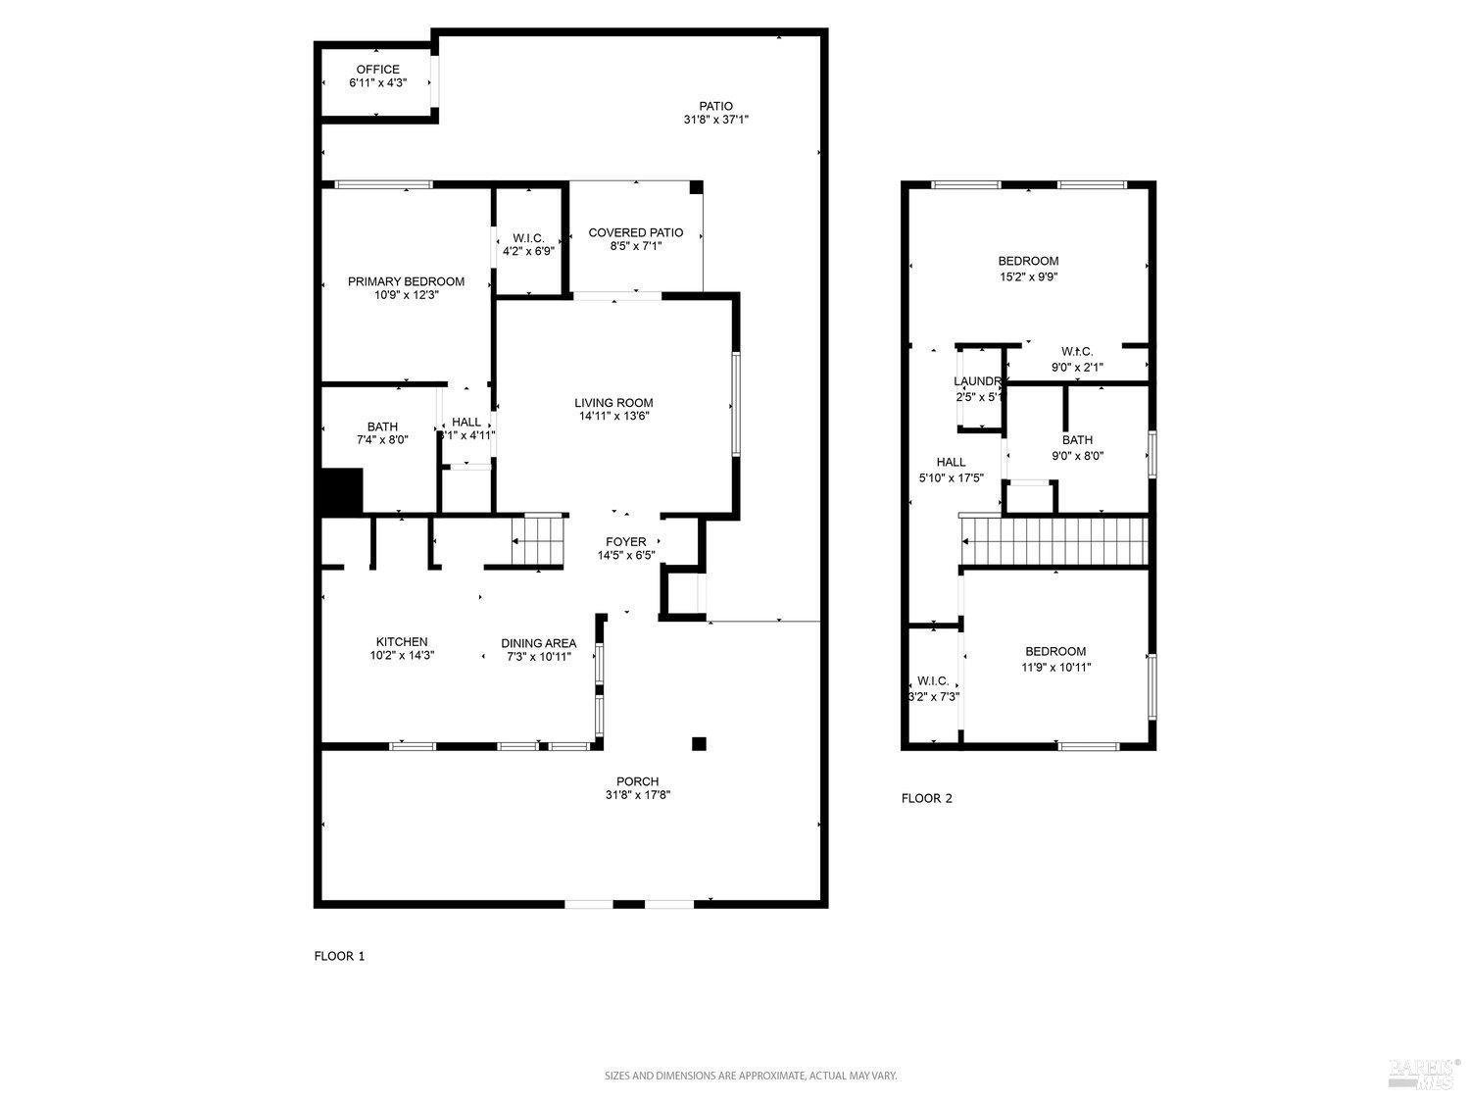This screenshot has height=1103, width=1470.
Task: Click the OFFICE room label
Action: [377, 70]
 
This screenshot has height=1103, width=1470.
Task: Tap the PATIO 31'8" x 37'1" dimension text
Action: [715, 120]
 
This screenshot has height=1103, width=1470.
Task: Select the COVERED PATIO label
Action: [635, 232]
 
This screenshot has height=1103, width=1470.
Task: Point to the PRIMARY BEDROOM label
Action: [406, 281]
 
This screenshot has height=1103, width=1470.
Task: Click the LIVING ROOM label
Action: [613, 403]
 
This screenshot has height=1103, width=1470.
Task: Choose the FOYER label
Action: [625, 541]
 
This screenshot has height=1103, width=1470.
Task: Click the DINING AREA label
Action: [538, 643]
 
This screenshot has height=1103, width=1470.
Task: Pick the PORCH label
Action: [637, 781]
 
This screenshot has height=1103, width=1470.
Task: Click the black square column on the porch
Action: [699, 743]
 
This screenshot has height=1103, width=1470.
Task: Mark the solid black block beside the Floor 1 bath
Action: [342, 490]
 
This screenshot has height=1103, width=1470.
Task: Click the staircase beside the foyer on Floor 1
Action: [539, 542]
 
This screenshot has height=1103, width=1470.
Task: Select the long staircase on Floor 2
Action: [1053, 542]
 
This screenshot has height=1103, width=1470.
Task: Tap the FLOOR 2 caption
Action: [926, 798]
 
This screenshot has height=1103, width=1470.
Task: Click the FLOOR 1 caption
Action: [339, 956]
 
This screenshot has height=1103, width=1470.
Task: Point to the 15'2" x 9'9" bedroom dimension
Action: [1028, 276]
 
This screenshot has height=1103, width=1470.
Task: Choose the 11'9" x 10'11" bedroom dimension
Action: [1055, 667]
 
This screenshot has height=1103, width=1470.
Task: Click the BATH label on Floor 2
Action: [1077, 440]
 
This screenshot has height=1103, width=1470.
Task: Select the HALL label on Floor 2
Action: [951, 462]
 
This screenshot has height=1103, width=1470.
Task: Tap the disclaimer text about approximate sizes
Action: [750, 1076]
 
